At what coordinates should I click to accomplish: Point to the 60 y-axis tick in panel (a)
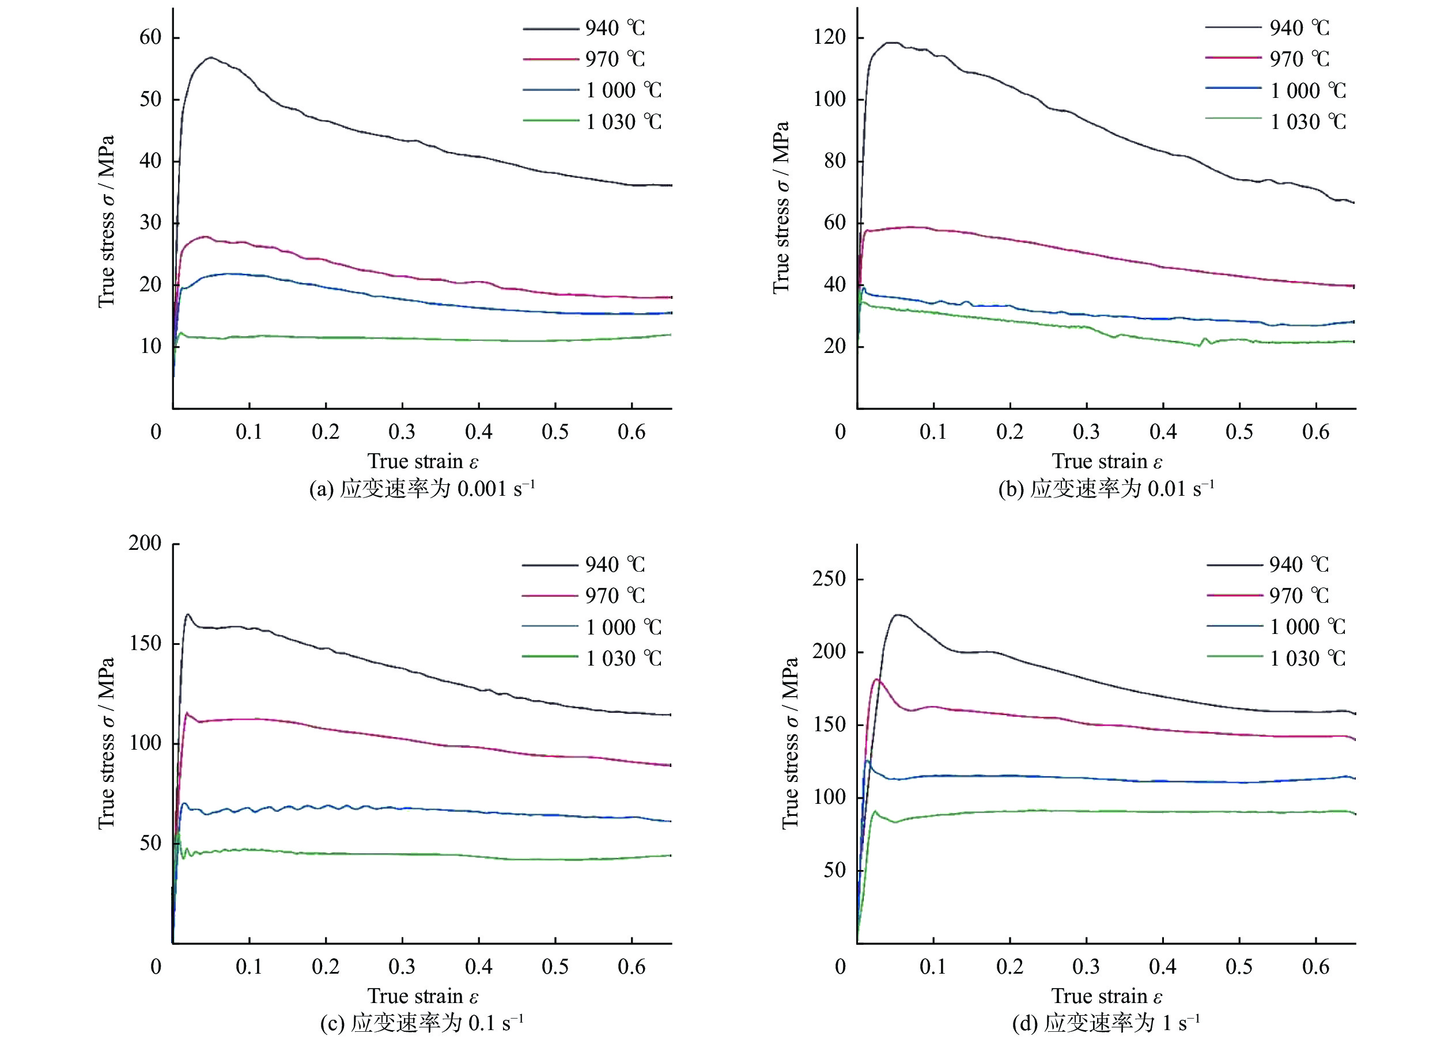[x=151, y=37]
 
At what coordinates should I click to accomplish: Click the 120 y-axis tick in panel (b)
[x=829, y=37]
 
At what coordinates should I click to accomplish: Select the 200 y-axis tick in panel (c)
[x=145, y=543]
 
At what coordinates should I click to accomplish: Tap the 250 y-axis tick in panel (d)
[x=829, y=579]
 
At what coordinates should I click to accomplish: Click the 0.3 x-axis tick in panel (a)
[x=402, y=432]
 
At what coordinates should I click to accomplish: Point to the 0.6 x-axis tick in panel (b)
[x=1316, y=432]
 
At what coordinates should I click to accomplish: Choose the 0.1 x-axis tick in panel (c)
[x=248, y=967]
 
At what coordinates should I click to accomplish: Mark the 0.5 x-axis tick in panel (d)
[x=1239, y=967]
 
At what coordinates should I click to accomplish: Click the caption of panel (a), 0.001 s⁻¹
[x=422, y=489]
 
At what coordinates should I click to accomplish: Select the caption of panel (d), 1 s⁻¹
[x=1106, y=1023]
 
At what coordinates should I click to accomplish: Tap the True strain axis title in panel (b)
[x=1107, y=461]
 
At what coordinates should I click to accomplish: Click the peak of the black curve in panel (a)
[x=210, y=58]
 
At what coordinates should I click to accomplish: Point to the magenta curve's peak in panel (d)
[x=876, y=679]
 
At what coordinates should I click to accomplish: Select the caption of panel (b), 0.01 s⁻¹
[x=1106, y=489]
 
